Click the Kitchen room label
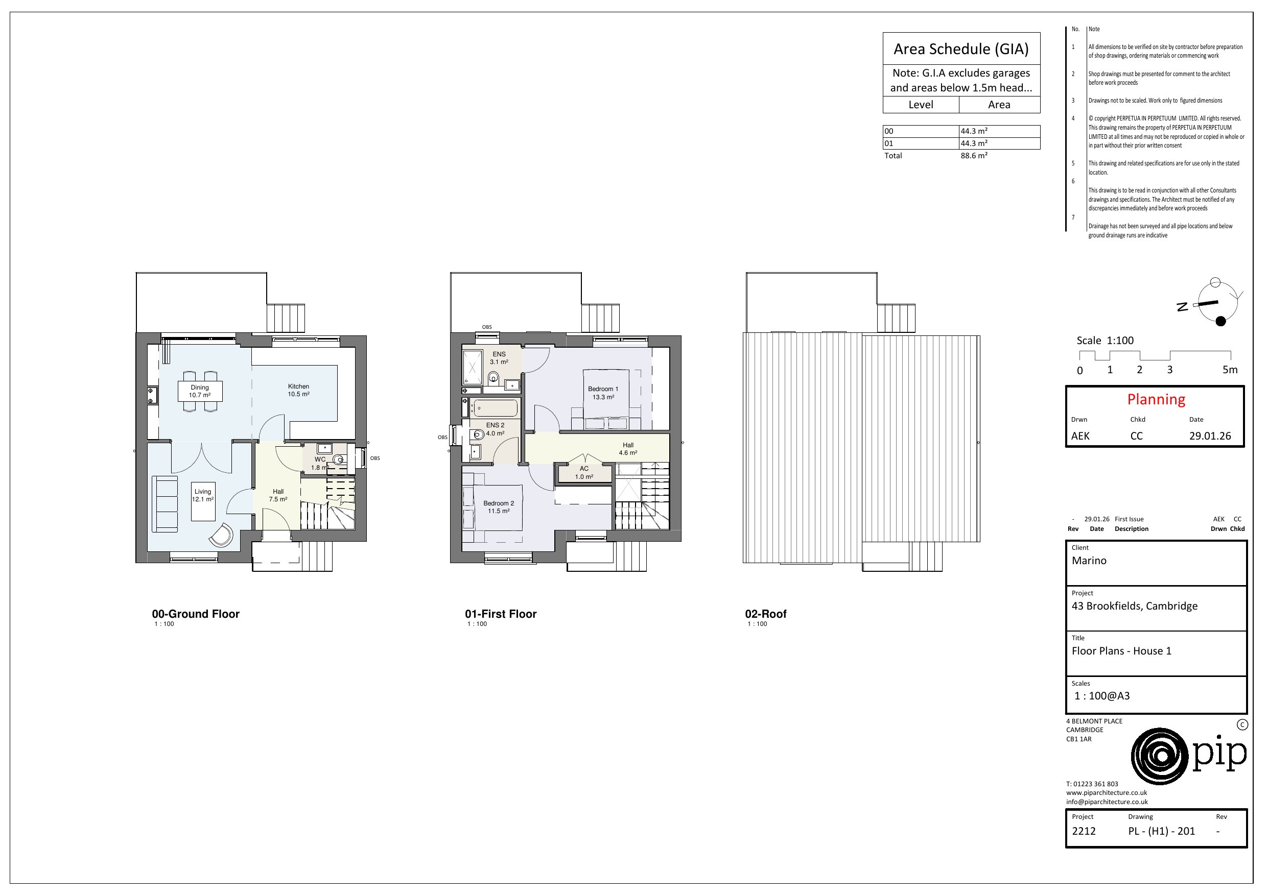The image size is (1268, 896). tap(298, 386)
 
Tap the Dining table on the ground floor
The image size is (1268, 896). tap(200, 392)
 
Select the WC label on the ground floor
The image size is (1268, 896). tap(320, 459)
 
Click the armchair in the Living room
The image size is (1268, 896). tap(221, 535)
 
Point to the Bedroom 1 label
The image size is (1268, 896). tap(603, 389)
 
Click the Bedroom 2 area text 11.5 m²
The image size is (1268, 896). tap(498, 511)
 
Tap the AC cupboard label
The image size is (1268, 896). tap(584, 469)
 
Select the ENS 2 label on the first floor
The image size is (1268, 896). tap(495, 425)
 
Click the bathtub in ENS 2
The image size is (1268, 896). tap(496, 408)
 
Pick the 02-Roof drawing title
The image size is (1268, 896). tap(765, 614)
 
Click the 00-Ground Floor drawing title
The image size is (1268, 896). tap(196, 614)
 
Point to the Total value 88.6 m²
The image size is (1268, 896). tap(974, 156)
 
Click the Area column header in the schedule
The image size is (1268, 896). tap(999, 105)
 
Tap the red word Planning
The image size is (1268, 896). tap(1156, 400)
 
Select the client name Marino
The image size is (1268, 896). tap(1089, 561)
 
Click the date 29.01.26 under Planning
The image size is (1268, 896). tap(1210, 435)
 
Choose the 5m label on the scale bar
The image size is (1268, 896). tap(1230, 370)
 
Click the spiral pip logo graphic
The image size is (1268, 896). tap(1159, 756)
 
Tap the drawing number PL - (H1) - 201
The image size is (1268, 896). tap(1161, 831)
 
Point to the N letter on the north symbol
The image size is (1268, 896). tap(1182, 307)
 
